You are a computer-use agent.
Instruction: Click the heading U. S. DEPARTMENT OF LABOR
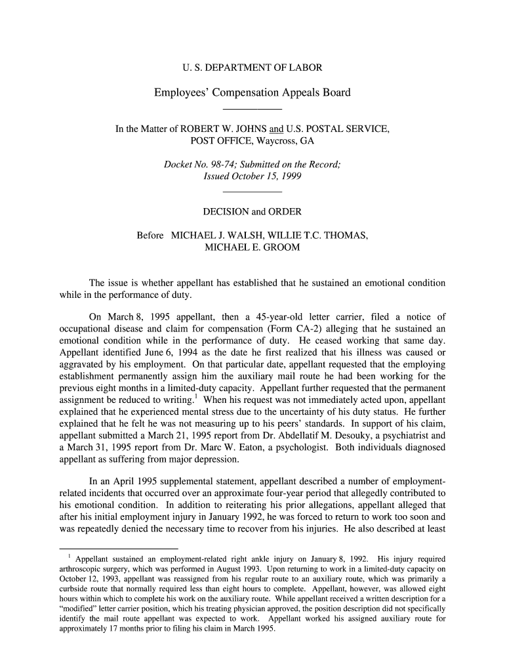point(252,68)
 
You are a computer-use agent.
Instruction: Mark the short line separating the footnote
point(118,547)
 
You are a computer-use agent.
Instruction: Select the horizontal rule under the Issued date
point(252,192)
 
